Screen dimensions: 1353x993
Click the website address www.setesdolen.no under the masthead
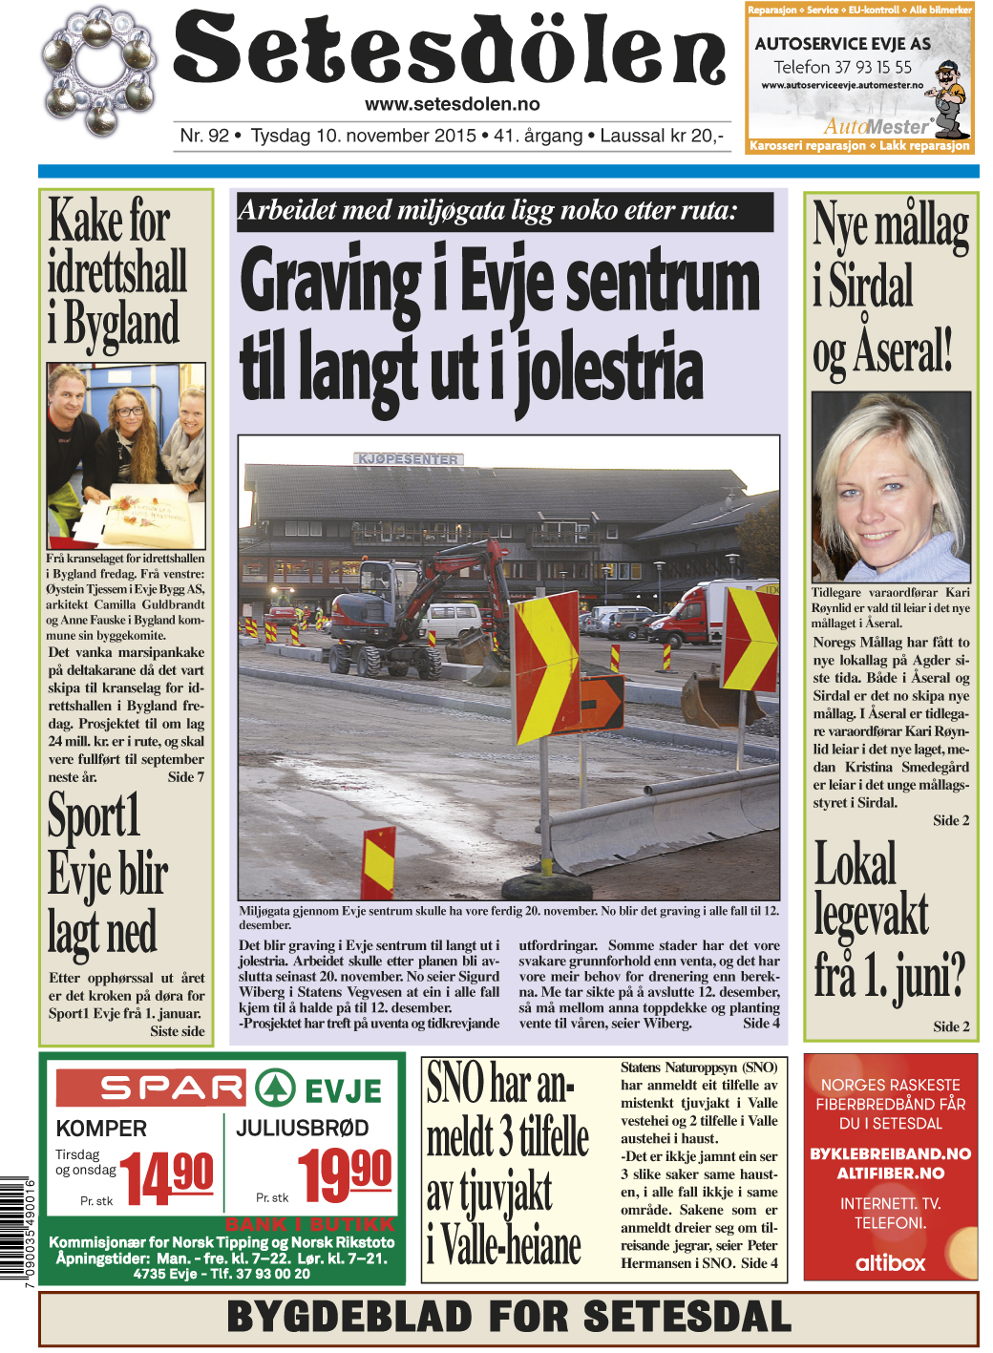click(452, 105)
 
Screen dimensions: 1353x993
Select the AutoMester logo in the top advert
click(877, 126)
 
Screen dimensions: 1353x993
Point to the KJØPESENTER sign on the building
click(408, 459)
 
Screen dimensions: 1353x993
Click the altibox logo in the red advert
click(890, 1262)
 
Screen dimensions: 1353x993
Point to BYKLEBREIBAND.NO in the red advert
click(890, 1153)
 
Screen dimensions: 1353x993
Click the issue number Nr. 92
click(204, 136)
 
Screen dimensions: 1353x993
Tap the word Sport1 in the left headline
click(94, 816)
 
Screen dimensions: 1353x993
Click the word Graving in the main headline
click(329, 283)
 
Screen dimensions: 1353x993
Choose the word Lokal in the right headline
click(855, 864)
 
